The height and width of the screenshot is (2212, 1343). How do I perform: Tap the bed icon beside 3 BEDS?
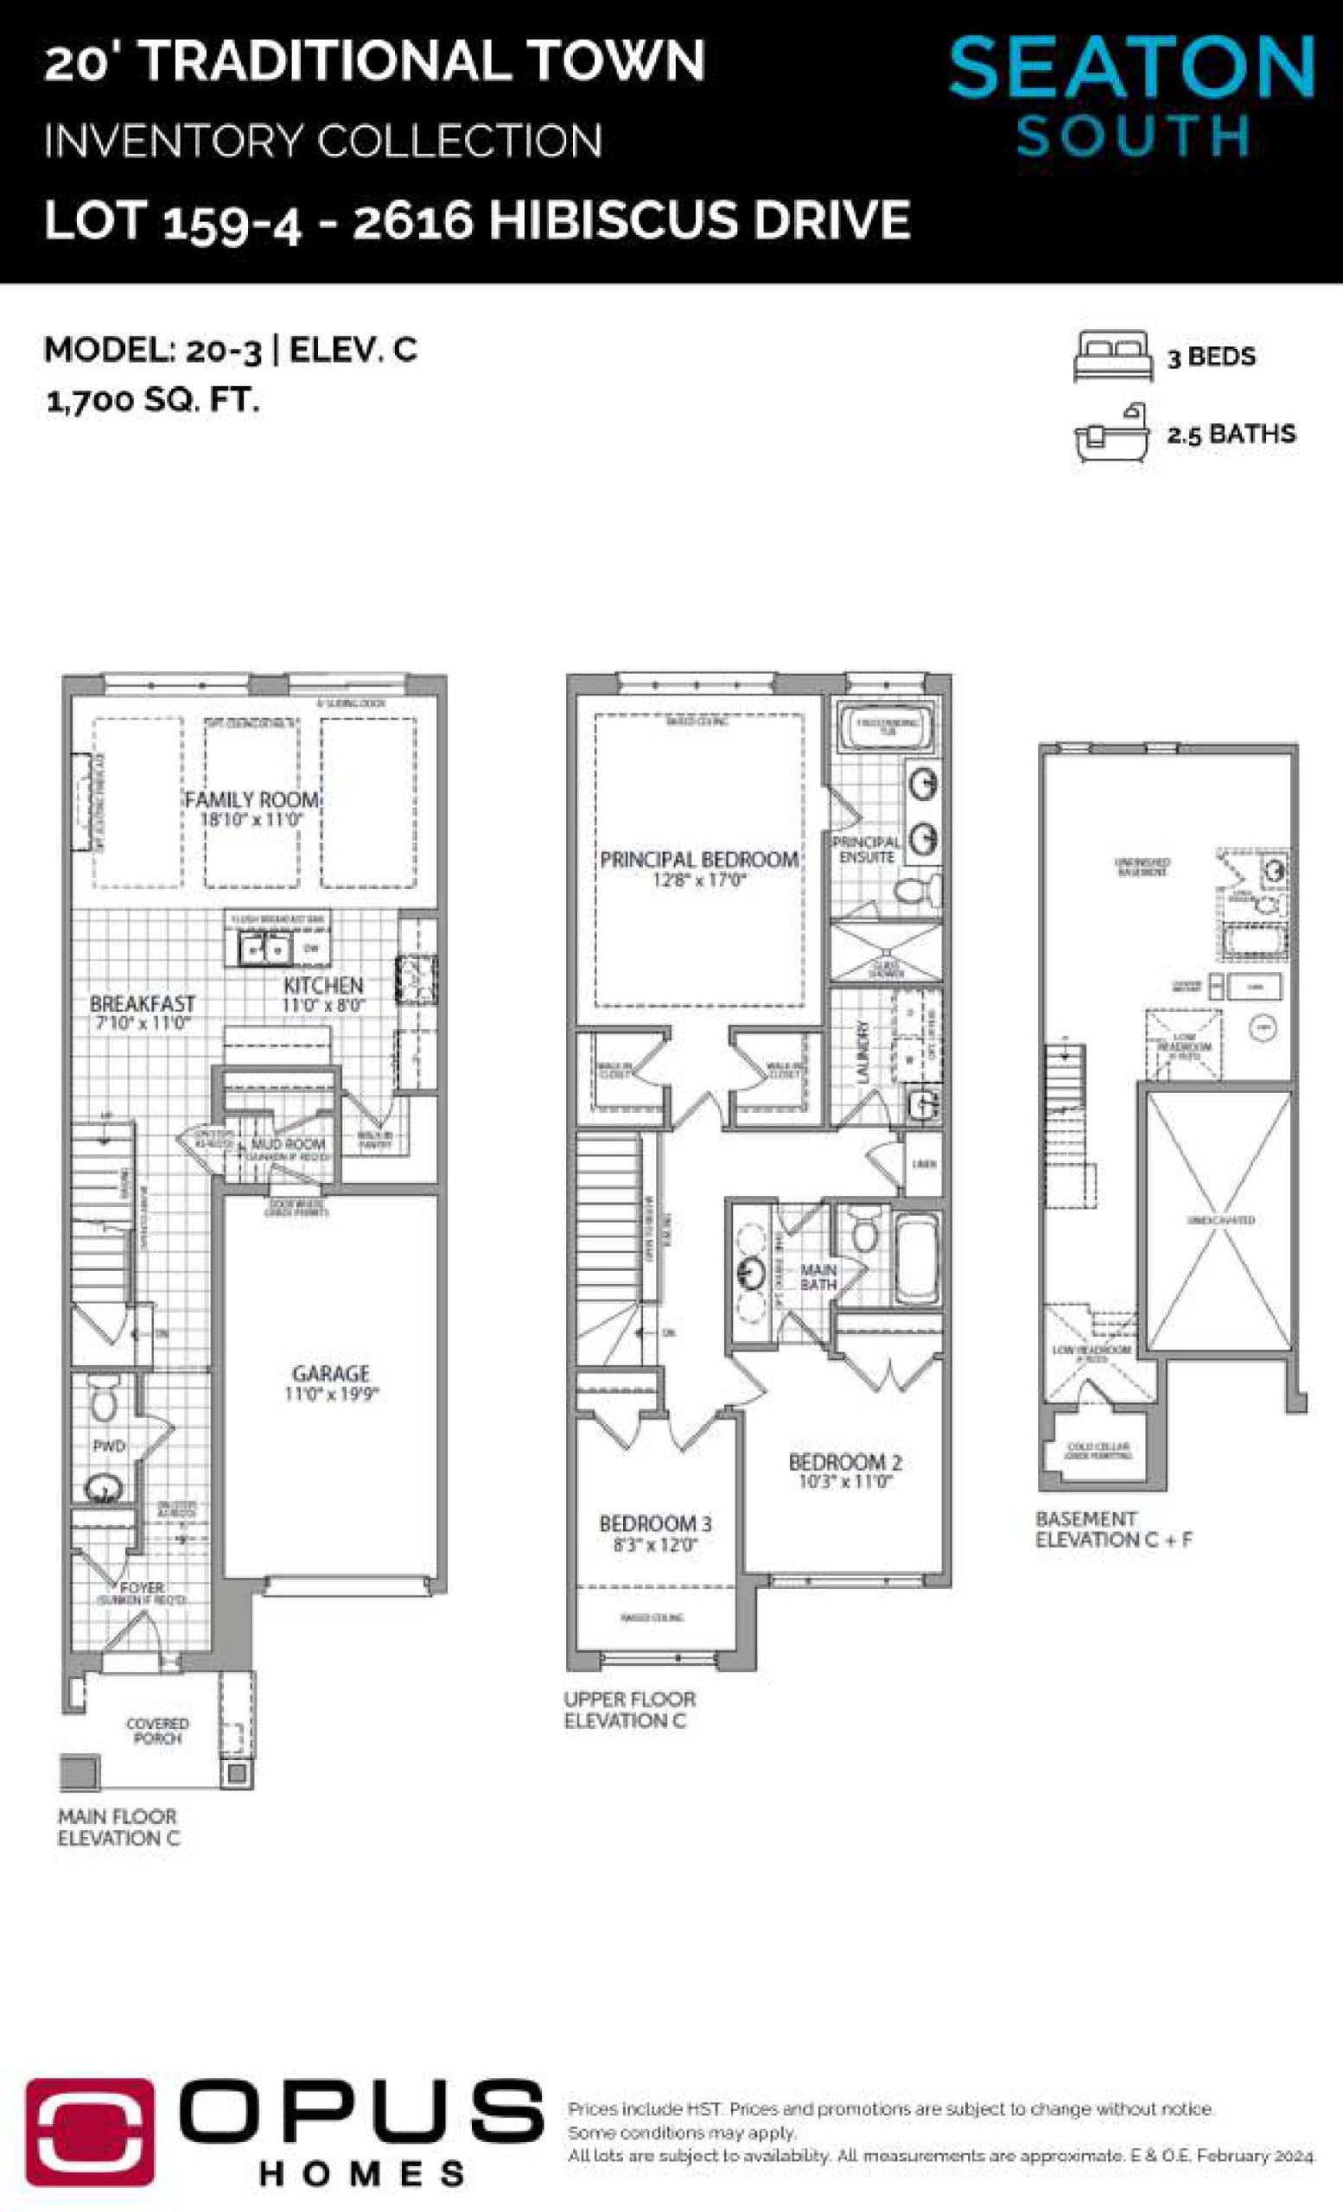click(x=1112, y=356)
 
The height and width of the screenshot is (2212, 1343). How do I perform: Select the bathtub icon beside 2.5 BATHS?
click(x=1111, y=434)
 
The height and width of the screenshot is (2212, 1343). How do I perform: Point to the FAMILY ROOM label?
click(x=251, y=799)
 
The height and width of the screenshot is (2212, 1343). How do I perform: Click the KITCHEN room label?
click(x=323, y=985)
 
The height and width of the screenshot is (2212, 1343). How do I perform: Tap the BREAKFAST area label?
click(x=142, y=1003)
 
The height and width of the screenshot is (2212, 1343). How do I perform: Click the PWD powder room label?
click(x=108, y=1446)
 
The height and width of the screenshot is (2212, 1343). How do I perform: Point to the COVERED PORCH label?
click(x=157, y=1731)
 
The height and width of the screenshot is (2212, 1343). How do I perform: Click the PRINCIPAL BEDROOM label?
click(x=698, y=859)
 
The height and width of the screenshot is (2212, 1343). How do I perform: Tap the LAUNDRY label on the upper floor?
click(x=863, y=1051)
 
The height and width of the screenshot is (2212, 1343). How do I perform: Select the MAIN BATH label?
click(x=818, y=1276)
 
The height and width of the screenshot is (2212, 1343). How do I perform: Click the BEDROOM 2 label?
click(x=843, y=1461)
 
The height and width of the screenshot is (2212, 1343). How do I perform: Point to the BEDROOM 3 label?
click(x=655, y=1523)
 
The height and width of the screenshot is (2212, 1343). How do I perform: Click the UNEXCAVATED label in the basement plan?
click(x=1220, y=1220)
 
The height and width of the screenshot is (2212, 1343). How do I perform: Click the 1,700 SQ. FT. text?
click(x=153, y=400)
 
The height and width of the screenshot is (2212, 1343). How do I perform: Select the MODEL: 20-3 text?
click(x=153, y=349)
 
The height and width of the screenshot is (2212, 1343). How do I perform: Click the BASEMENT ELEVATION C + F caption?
click(x=1113, y=1529)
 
